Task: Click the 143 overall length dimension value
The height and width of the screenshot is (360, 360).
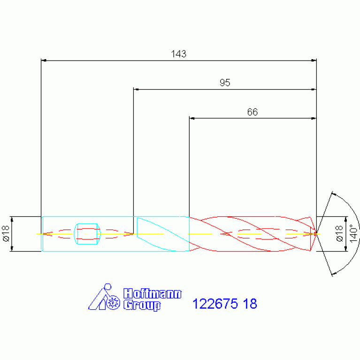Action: click(x=179, y=54)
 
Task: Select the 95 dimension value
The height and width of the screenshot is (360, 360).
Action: click(x=225, y=83)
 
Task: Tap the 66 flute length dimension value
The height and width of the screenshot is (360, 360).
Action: click(x=253, y=112)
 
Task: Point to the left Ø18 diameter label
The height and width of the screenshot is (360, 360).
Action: click(x=6, y=233)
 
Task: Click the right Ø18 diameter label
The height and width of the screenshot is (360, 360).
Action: click(x=339, y=233)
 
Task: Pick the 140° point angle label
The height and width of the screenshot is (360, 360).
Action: click(x=354, y=233)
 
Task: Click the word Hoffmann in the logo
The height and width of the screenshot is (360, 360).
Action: click(x=153, y=294)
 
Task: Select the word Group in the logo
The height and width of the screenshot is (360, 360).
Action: click(x=142, y=306)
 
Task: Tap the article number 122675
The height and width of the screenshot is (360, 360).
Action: click(x=215, y=304)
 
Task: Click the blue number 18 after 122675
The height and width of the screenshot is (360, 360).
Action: click(x=250, y=304)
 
